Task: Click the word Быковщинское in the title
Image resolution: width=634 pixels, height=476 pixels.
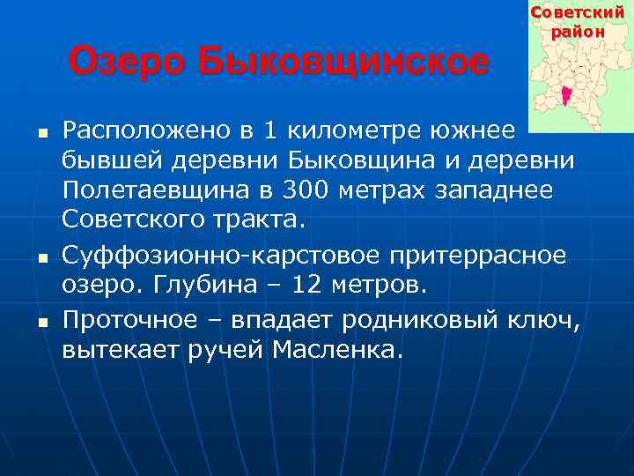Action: [343, 63]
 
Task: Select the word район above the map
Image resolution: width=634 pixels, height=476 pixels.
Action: [579, 32]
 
